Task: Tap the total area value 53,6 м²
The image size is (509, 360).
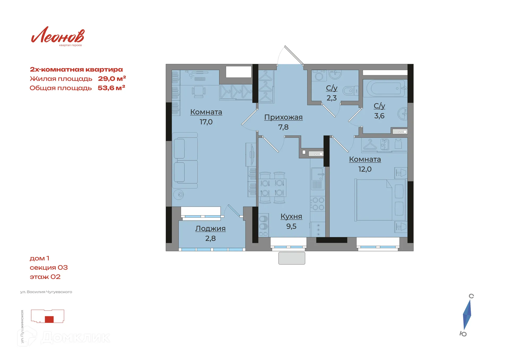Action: coord(111,88)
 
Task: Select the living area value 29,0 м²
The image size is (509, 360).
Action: coord(112,78)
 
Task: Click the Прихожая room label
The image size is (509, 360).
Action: coord(283,117)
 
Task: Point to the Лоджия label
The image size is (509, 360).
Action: coord(210,229)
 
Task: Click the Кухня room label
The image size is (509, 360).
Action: coord(291,216)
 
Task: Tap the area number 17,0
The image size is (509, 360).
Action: coord(206,122)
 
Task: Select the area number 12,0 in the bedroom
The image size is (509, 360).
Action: coord(365,169)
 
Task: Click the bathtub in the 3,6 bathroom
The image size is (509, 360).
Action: coord(384,88)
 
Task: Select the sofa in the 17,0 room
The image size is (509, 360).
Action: coord(185,160)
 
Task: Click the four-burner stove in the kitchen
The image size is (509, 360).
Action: coord(318,204)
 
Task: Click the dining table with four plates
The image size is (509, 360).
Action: coord(272,187)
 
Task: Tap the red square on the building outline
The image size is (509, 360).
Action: coord(49,319)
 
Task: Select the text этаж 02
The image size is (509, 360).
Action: coord(45,277)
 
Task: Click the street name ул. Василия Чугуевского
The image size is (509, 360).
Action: coord(46,292)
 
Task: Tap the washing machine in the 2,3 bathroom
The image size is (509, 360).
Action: coord(319,76)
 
